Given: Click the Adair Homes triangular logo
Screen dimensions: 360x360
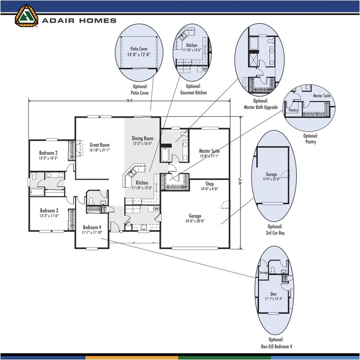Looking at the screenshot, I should (26, 15).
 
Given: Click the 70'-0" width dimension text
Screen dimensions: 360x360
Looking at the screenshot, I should (129, 101).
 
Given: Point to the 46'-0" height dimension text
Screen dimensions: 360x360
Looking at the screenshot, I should (240, 182).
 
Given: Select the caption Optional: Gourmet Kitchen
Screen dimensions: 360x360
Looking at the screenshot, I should (193, 89).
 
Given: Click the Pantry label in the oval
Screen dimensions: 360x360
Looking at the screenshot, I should (293, 110).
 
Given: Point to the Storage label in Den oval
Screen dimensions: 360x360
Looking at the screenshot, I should (264, 273).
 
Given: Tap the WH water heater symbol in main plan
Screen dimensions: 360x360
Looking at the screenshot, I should (156, 209).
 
